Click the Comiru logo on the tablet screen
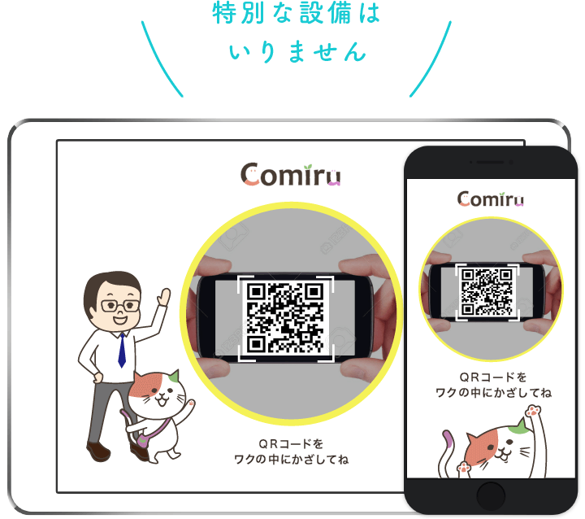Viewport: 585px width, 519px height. click(290, 175)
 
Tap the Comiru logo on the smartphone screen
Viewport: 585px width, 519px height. click(490, 198)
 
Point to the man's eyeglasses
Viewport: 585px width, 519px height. click(119, 306)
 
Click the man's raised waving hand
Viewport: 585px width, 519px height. click(163, 297)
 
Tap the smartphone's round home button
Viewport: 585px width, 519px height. click(491, 496)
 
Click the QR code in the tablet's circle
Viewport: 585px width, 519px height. click(285, 317)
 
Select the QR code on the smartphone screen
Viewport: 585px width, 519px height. click(487, 291)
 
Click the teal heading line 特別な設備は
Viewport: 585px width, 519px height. click(297, 13)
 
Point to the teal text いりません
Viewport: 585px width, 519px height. click(297, 51)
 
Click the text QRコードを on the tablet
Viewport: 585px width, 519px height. click(291, 444)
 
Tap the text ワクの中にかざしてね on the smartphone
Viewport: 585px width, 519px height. click(493, 393)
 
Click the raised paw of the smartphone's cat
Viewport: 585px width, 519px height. click(532, 412)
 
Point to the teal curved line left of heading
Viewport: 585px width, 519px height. click(160, 59)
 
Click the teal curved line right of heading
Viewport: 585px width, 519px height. click(433, 59)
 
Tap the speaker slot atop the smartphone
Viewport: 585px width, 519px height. click(490, 162)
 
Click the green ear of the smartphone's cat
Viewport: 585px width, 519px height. click(521, 428)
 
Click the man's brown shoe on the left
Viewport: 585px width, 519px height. click(98, 451)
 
